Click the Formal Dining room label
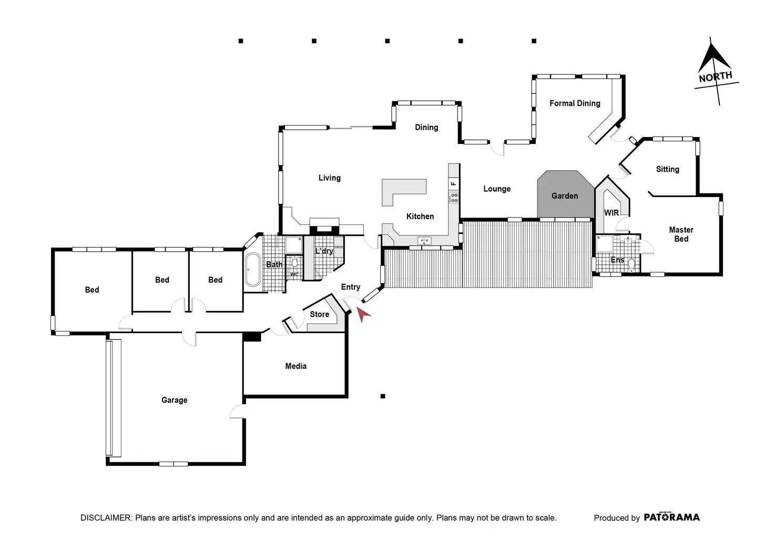pyautogui.click(x=575, y=104)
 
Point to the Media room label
pyautogui.click(x=296, y=366)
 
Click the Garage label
pyautogui.click(x=174, y=400)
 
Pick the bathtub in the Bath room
pyautogui.click(x=253, y=270)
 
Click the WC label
pyautogui.click(x=294, y=274)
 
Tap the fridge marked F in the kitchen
pyautogui.click(x=454, y=183)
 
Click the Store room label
pyautogui.click(x=319, y=314)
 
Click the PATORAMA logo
pyautogui.click(x=671, y=517)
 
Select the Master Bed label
pyautogui.click(x=681, y=234)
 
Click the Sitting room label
pyautogui.click(x=667, y=169)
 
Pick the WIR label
pyautogui.click(x=612, y=213)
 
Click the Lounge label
pyautogui.click(x=497, y=189)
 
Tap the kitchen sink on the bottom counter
pyautogui.click(x=424, y=241)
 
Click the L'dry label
pyautogui.click(x=324, y=251)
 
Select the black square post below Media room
pyautogui.click(x=383, y=396)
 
